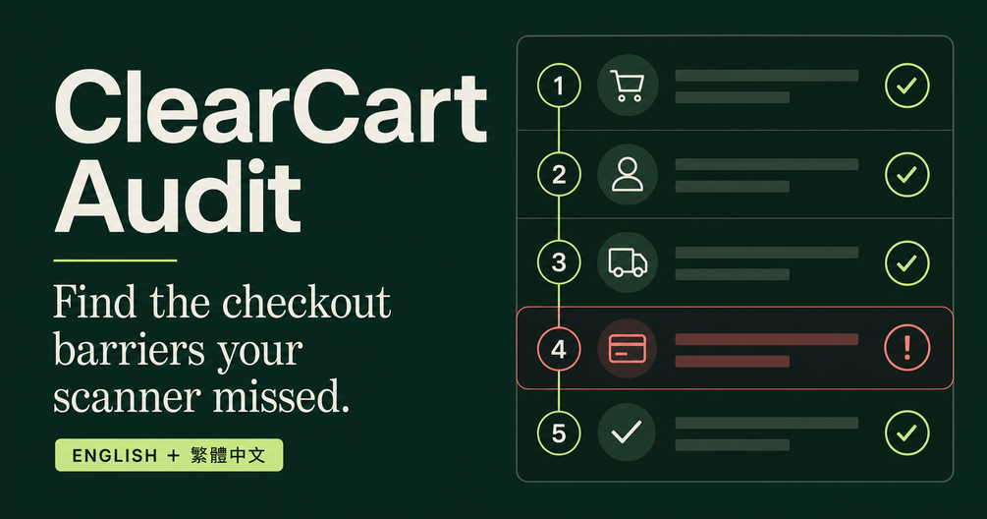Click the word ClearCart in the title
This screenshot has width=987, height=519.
point(271,107)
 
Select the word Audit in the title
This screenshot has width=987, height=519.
point(177,197)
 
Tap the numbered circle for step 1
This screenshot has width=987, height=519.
point(559,86)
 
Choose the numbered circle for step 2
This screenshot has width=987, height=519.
point(559,174)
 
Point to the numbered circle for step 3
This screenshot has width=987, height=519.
point(559,262)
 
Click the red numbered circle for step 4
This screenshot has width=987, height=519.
point(559,348)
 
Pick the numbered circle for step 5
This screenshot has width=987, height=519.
point(559,432)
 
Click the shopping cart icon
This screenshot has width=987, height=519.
point(628,86)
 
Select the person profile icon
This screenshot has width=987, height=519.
point(628,174)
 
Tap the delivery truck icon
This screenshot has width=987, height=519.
point(628,262)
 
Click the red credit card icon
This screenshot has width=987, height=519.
point(628,348)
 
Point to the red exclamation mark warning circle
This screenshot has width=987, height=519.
point(907,348)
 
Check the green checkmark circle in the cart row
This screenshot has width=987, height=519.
point(907,86)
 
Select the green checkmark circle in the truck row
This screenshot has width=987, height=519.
point(907,262)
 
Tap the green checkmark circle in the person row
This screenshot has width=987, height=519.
point(907,174)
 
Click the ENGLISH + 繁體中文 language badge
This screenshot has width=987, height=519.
point(169,455)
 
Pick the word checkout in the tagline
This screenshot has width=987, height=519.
point(306,303)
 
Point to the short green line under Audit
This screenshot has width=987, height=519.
point(115,260)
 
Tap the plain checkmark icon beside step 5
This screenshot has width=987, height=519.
point(627,432)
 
